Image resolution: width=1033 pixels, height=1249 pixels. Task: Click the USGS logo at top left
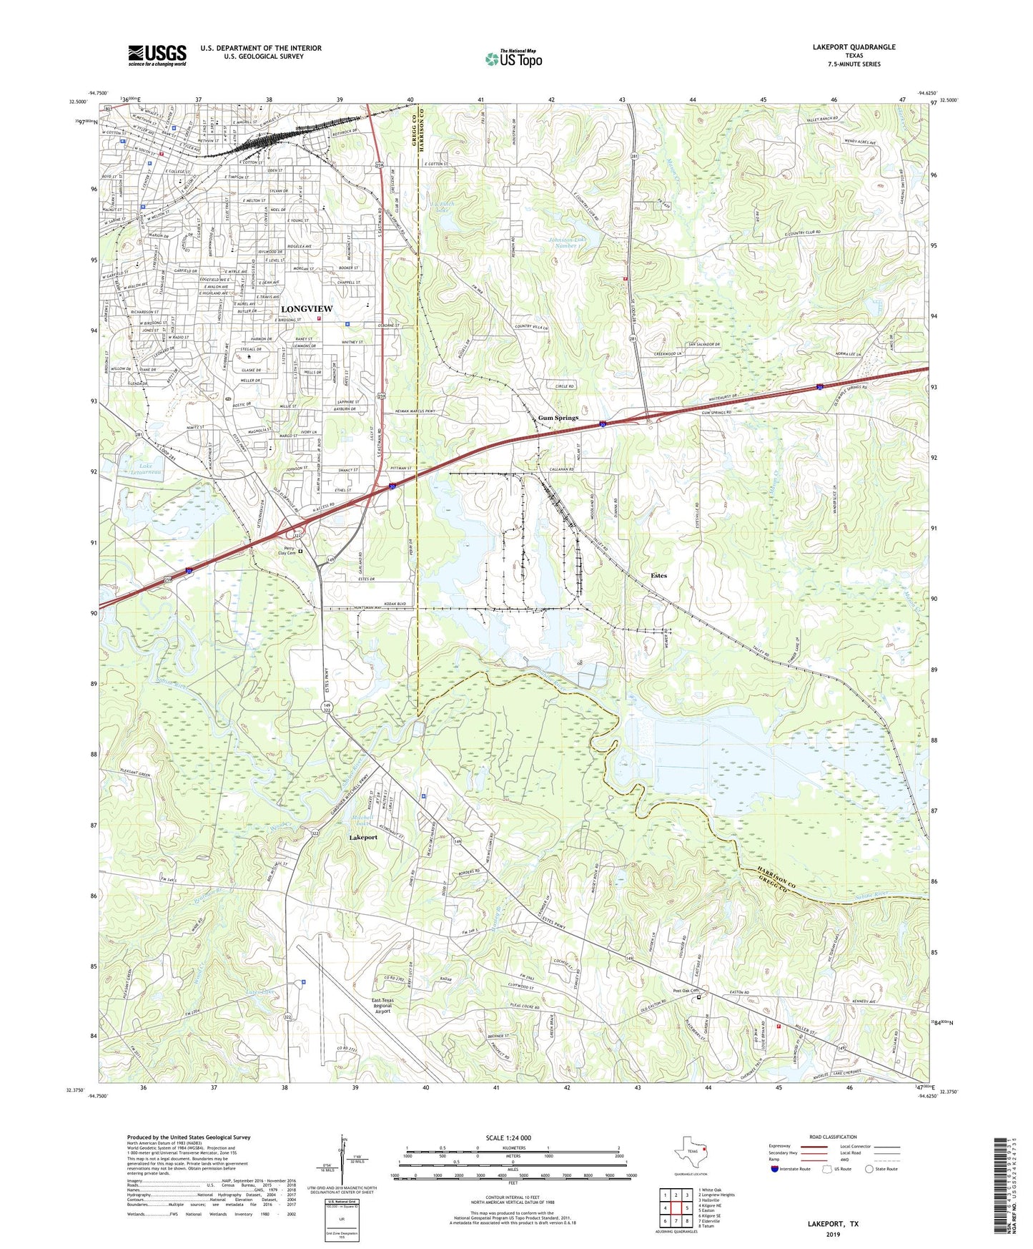[157, 55]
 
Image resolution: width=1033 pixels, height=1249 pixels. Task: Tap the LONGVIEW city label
[307, 308]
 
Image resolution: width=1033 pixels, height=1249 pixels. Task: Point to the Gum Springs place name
[558, 418]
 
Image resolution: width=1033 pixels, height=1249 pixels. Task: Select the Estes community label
[658, 575]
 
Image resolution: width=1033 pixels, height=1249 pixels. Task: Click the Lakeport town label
[363, 837]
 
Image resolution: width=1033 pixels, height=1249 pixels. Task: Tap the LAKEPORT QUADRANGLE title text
[854, 47]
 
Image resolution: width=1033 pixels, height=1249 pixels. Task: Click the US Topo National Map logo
[513, 59]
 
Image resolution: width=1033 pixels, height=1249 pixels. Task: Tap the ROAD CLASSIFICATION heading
[833, 1137]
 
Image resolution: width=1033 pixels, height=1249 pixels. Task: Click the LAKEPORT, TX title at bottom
[833, 1224]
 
